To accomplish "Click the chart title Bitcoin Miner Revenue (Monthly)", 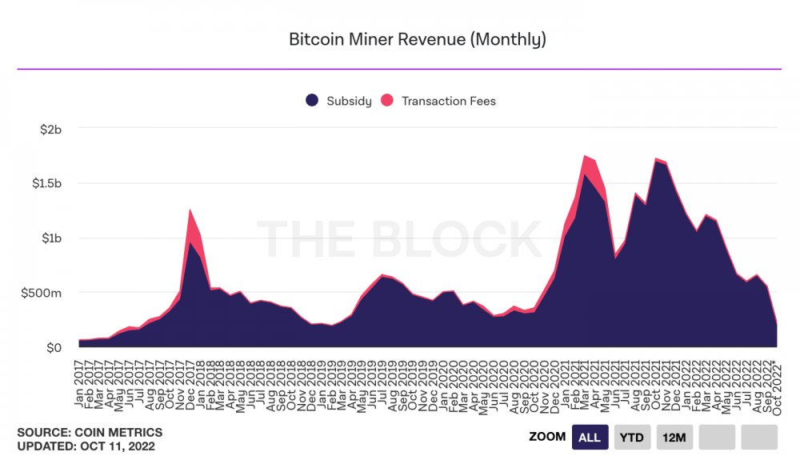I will pyautogui.click(x=417, y=39).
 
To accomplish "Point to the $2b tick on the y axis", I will pyautogui.click(x=50, y=128).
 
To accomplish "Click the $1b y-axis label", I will pyautogui.click(x=50, y=238).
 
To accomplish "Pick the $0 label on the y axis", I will pyautogui.click(x=54, y=348).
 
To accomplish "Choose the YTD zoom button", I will pyautogui.click(x=632, y=437).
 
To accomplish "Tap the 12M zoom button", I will pyautogui.click(x=674, y=437).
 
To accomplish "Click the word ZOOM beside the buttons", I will pyautogui.click(x=547, y=437).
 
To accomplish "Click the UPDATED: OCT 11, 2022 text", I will pyautogui.click(x=86, y=446).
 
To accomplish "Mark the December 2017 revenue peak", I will pyautogui.click(x=190, y=210).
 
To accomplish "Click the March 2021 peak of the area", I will pyautogui.click(x=586, y=156).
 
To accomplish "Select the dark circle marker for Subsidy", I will pyautogui.click(x=312, y=101).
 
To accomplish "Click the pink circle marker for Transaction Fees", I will pyautogui.click(x=387, y=101).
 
